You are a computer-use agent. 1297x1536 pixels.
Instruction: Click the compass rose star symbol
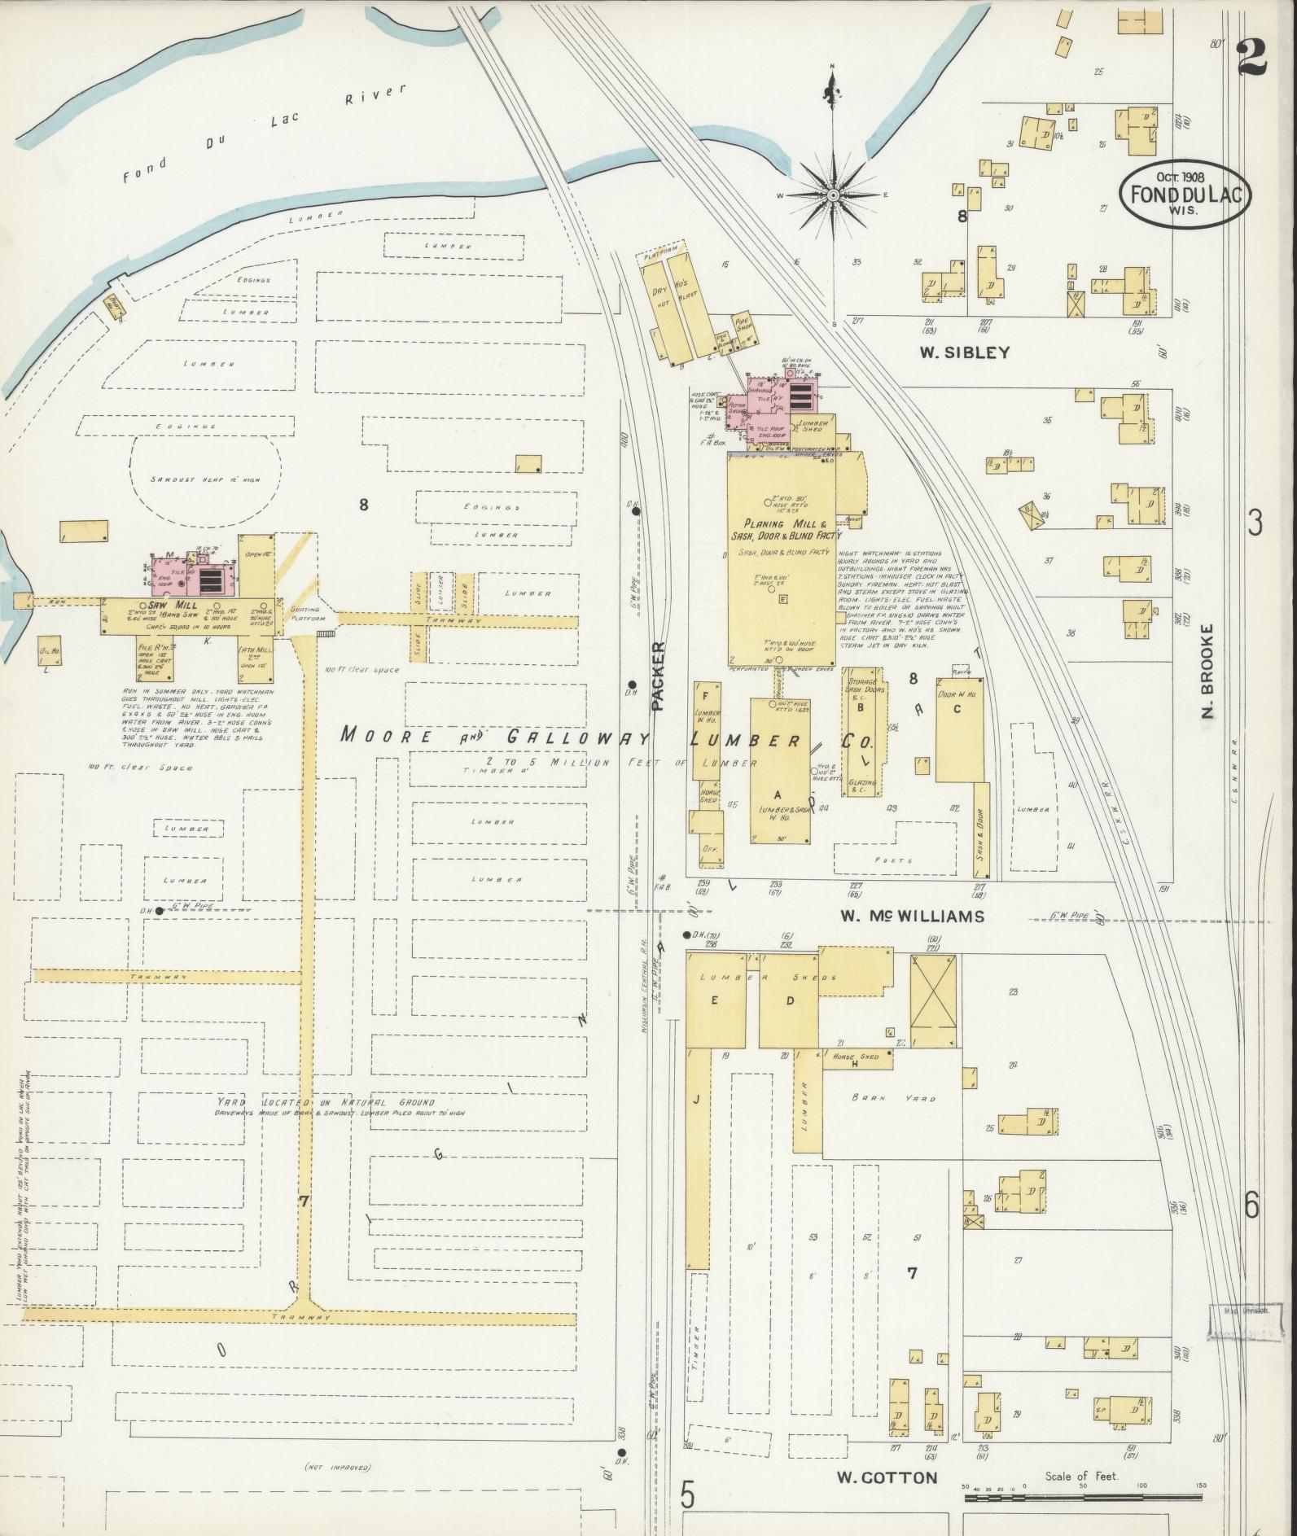(833, 196)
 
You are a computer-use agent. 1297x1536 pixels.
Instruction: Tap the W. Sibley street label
(964, 352)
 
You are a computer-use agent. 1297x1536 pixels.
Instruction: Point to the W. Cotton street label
(887, 1477)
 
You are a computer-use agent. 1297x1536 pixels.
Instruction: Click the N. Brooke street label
(1207, 671)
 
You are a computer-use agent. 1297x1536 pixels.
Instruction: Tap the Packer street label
(658, 676)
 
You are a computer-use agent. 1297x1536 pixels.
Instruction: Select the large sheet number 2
(1252, 56)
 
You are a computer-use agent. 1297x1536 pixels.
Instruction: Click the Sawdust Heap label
(206, 479)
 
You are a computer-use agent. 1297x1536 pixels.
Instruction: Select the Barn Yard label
(893, 1098)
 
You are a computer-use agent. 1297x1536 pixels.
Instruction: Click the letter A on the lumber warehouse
(777, 794)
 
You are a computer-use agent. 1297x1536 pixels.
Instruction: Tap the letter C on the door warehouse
(957, 708)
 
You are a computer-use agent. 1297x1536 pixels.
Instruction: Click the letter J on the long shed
(696, 1100)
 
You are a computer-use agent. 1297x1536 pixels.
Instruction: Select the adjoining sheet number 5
(688, 1494)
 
